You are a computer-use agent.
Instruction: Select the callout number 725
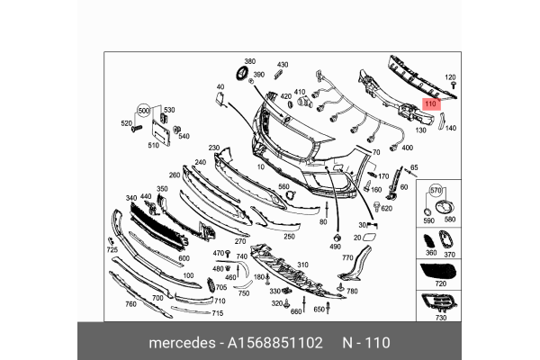point(112,249)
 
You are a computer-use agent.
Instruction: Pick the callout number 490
point(335,247)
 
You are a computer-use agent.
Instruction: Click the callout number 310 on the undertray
point(289,265)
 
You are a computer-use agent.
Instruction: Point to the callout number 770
point(346,257)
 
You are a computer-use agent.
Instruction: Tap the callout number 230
point(214,148)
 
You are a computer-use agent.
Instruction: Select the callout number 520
point(127,122)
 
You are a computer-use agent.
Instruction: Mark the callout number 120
point(452,78)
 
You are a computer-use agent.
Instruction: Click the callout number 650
point(319,310)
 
